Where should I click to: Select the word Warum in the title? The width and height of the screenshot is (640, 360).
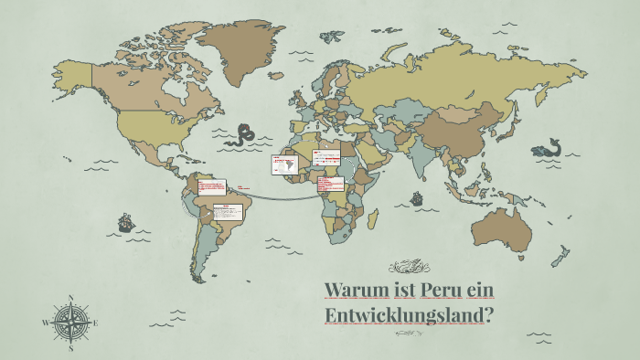click(350, 291)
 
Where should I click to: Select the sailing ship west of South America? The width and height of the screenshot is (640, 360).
click(125, 222)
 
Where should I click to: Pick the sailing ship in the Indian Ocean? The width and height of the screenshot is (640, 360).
click(417, 197)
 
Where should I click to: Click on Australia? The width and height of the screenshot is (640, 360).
click(501, 228)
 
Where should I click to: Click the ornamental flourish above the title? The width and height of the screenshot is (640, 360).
click(409, 267)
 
